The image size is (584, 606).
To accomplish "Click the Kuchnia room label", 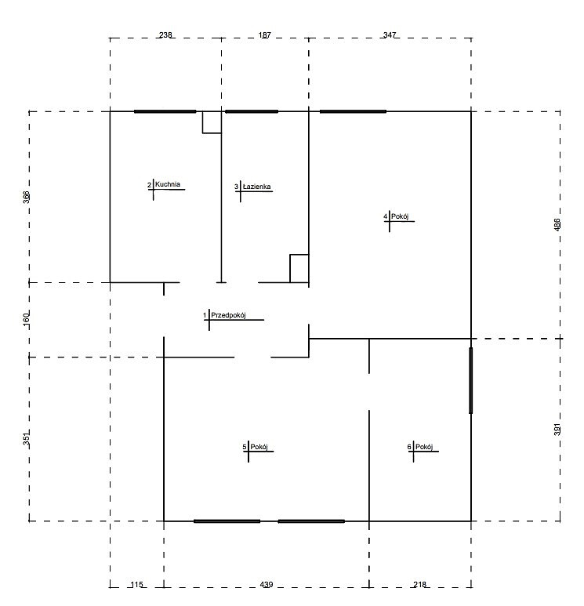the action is [x=167, y=184].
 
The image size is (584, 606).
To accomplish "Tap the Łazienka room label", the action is [x=256, y=187].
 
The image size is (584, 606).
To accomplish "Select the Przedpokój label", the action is [x=228, y=315].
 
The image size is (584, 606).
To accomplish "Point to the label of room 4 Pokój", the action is [x=400, y=216].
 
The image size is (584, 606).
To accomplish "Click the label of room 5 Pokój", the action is [x=259, y=447].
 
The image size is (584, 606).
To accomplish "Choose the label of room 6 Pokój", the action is [x=424, y=447].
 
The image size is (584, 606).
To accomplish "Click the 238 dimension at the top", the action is [x=165, y=34].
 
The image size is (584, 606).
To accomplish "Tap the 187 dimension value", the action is [x=265, y=34].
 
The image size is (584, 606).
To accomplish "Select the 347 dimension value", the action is [x=390, y=34].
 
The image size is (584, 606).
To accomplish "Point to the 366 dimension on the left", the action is [x=26, y=197].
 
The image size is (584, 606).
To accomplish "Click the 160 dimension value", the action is [x=26, y=319].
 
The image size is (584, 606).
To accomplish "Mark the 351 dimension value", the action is [x=26, y=438].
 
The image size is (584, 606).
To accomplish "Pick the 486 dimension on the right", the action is [x=557, y=224].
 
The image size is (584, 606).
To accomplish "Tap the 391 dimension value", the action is [x=557, y=430].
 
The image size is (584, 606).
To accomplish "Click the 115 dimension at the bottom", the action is [x=137, y=585].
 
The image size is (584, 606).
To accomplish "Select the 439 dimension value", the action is [x=267, y=585].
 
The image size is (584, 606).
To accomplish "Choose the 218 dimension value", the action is [x=419, y=585].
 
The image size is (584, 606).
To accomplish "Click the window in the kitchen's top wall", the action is [x=165, y=111].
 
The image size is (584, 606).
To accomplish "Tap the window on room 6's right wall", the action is [x=471, y=381].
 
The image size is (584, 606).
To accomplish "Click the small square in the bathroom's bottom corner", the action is [x=299, y=269].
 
